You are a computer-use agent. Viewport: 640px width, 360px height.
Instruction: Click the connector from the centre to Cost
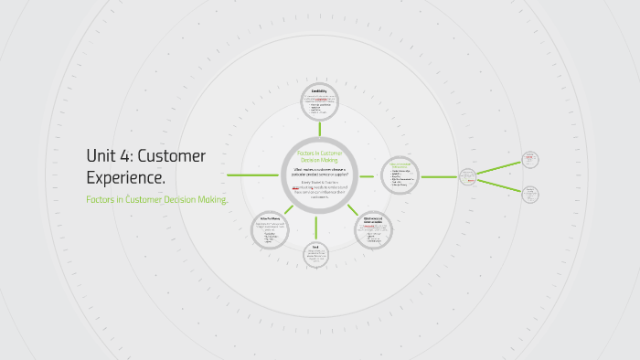[316, 227]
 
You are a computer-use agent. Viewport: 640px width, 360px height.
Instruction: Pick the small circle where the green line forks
[467, 176]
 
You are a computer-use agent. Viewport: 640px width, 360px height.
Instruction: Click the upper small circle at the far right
[529, 159]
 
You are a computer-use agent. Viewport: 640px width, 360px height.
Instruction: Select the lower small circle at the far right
[530, 194]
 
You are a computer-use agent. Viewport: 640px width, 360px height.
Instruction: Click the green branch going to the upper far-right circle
[499, 167]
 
